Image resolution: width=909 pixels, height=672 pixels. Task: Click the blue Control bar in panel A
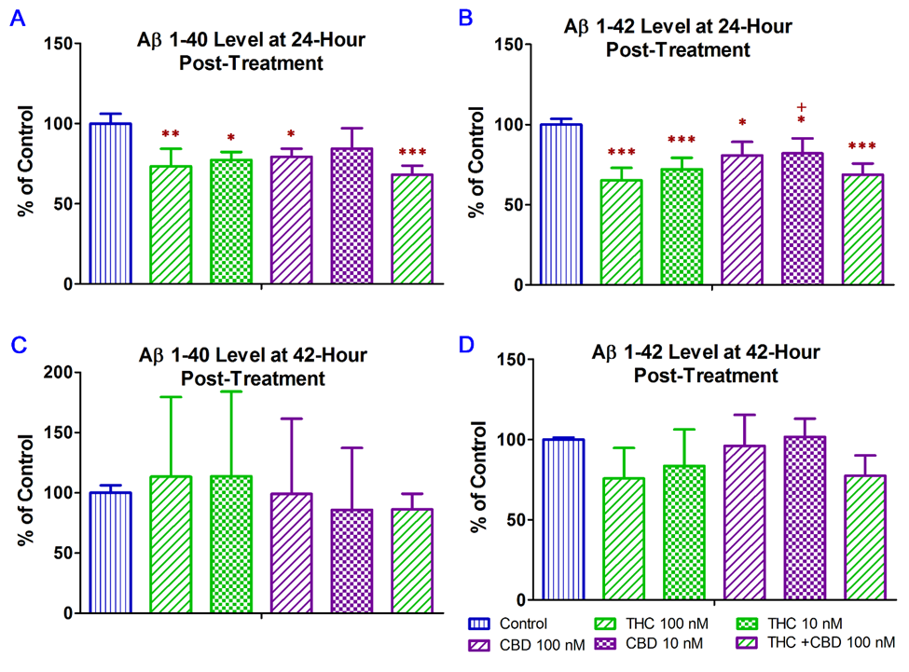(109, 203)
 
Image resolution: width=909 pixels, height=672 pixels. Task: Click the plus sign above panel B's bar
(801, 106)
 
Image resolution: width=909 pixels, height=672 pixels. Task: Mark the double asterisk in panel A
(171, 134)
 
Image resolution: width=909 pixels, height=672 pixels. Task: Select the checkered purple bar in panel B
(801, 219)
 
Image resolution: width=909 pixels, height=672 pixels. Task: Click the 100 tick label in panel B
(504, 125)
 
